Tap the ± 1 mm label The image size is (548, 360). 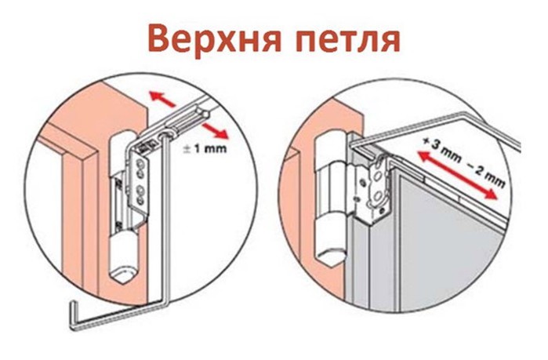pos(205,149)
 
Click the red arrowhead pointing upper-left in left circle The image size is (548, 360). pos(156,95)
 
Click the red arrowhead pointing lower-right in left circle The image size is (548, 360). pos(221,133)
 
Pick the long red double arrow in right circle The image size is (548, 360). pos(458,175)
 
